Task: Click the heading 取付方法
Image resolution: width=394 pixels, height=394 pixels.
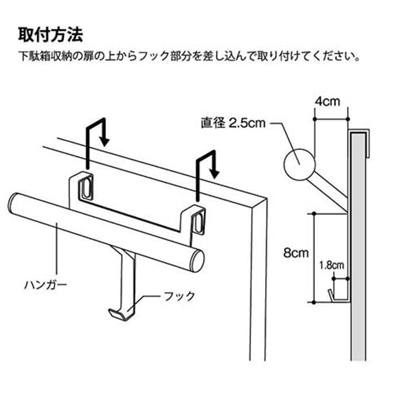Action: pos(51,34)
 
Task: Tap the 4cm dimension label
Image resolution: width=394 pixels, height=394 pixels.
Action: pos(328,101)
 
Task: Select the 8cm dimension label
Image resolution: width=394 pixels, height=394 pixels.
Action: pos(296,253)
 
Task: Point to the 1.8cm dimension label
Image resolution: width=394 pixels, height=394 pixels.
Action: pos(331,265)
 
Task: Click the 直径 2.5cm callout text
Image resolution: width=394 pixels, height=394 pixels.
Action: pos(233,123)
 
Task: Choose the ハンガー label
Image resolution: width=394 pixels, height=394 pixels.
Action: pos(45,285)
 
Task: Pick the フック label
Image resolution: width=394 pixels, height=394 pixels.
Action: pos(179,296)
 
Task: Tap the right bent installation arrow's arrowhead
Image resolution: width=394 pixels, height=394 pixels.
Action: pos(214,174)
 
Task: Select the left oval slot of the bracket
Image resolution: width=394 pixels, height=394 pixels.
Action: pos(86,188)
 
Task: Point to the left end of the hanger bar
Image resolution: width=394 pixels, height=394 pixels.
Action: pos(13,202)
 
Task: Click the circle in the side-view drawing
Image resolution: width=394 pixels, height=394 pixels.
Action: pos(299,164)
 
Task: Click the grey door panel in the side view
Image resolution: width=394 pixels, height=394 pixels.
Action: pos(359,246)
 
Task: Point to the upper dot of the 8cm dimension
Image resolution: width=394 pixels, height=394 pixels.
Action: pos(314,214)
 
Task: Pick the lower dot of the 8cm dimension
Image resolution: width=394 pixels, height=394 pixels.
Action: pos(314,302)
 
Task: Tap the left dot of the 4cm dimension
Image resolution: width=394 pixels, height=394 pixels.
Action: pos(314,119)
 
